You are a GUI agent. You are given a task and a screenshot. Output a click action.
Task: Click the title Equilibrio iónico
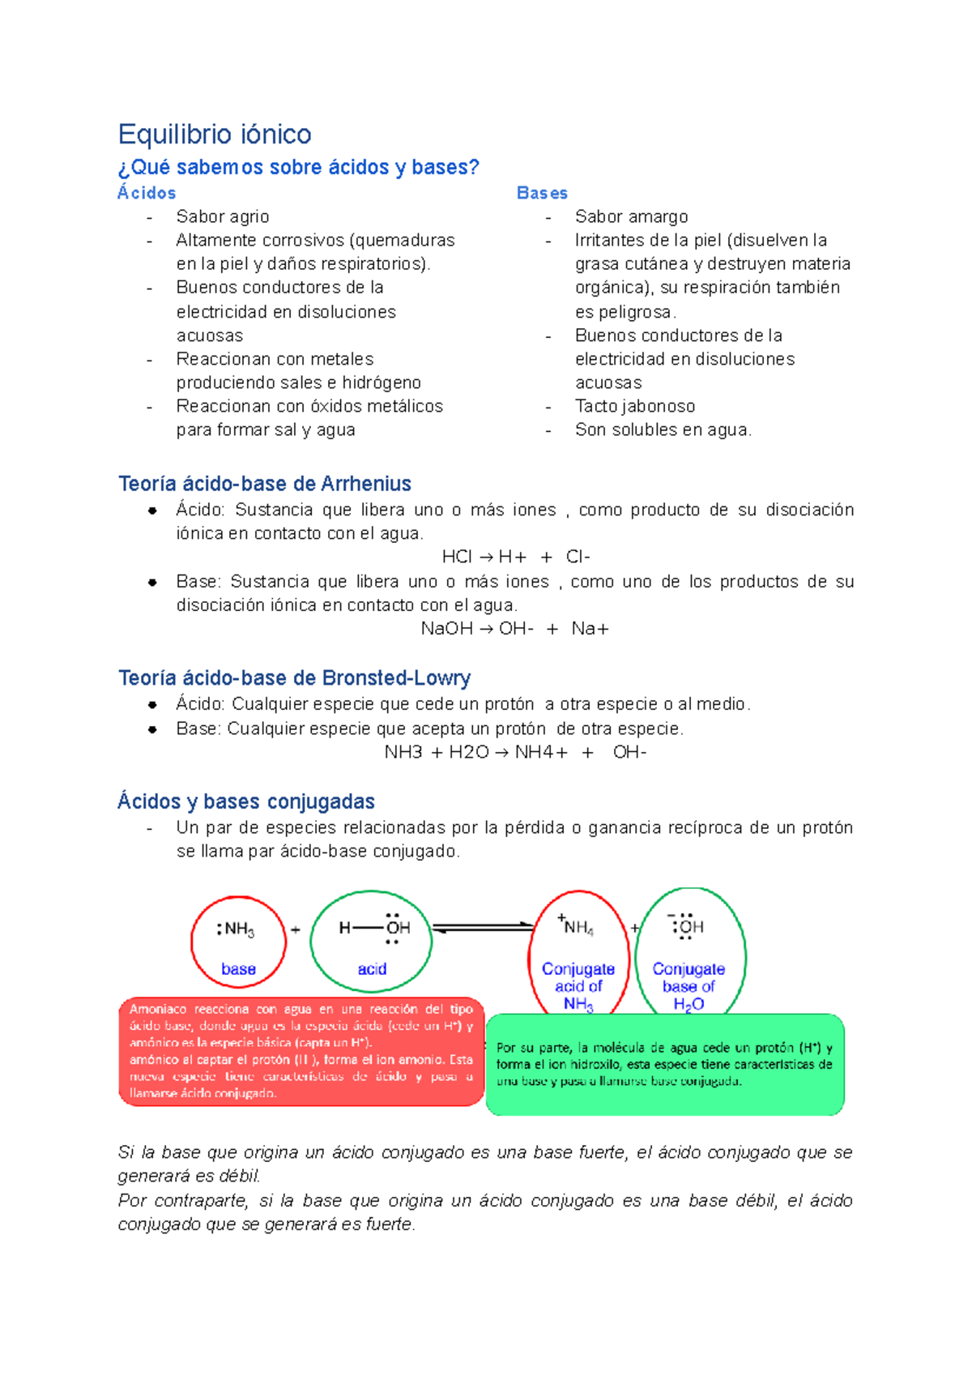[x=215, y=134]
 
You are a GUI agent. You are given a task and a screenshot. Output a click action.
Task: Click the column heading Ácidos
[x=147, y=193]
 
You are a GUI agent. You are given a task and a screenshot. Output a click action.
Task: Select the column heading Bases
[x=542, y=193]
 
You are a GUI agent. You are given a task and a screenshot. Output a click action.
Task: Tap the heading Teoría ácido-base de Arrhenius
[x=265, y=484]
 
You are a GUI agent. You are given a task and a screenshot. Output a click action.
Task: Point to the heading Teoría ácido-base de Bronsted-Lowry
[x=295, y=677]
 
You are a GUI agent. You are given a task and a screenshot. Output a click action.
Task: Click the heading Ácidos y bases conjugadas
[x=246, y=801]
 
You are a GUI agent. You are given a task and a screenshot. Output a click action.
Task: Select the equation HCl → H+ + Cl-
[x=516, y=557]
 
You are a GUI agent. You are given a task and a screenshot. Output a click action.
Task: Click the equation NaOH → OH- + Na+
[x=515, y=629]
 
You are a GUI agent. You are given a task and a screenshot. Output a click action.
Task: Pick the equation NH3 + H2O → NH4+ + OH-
[x=515, y=752]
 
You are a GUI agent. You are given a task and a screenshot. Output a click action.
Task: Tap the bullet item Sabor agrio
[x=223, y=216]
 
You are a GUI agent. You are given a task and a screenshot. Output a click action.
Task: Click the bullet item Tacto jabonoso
[x=635, y=406]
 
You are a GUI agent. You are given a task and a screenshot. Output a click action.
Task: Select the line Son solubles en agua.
[x=663, y=429]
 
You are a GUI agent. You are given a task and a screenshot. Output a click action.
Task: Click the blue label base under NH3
[x=238, y=969]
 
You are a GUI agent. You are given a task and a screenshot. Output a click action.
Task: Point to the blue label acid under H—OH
[x=372, y=969]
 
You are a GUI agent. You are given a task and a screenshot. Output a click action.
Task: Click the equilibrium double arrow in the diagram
[x=482, y=927]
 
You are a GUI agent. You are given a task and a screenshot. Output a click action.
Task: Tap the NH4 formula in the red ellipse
[x=578, y=927]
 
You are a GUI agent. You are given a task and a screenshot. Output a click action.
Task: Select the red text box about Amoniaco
[x=301, y=1052]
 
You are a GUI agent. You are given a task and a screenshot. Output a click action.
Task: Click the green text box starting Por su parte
[x=664, y=1064]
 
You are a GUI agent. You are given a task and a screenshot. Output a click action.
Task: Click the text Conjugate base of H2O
[x=688, y=986]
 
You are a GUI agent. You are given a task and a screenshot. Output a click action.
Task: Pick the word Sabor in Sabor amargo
[x=595, y=216]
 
